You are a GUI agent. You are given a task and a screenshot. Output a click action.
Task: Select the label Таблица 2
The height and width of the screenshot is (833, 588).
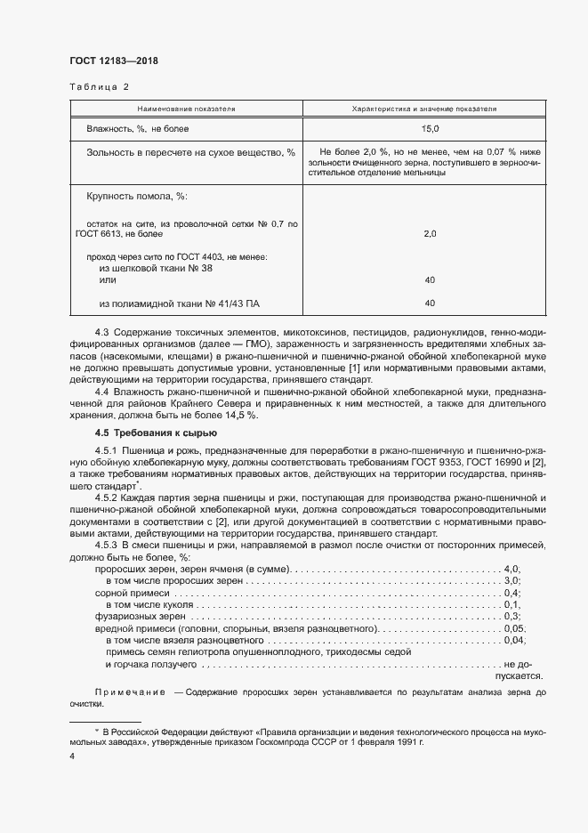click(99, 87)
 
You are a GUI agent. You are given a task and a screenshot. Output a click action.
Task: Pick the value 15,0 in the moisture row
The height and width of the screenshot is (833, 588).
click(430, 130)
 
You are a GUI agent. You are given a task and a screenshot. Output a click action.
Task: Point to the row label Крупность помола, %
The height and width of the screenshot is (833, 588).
click(137, 196)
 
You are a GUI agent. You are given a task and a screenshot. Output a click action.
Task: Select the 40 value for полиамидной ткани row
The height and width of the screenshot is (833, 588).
click(430, 303)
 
